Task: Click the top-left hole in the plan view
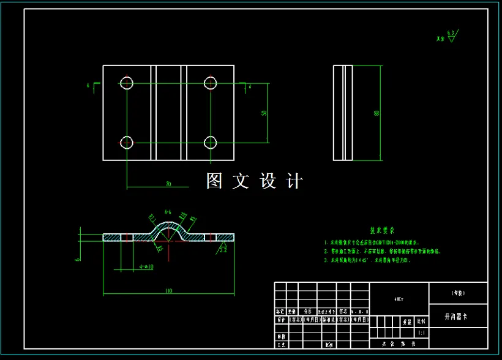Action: pos(127,83)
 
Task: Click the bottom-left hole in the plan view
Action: pos(127,143)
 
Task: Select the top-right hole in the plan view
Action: pos(211,83)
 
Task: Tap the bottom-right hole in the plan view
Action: pos(211,143)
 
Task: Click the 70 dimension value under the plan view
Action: pos(168,184)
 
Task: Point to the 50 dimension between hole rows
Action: pos(264,113)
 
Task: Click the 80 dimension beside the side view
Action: pos(376,113)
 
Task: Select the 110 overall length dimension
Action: pos(168,291)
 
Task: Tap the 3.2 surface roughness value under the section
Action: pos(223,250)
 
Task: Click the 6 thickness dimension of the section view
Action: pos(78,258)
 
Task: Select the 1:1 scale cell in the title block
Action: pos(421,333)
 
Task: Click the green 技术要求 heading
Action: pos(382,231)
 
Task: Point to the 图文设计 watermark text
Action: pos(254,181)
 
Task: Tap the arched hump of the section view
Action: pos(168,229)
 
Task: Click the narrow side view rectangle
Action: pos(343,113)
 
